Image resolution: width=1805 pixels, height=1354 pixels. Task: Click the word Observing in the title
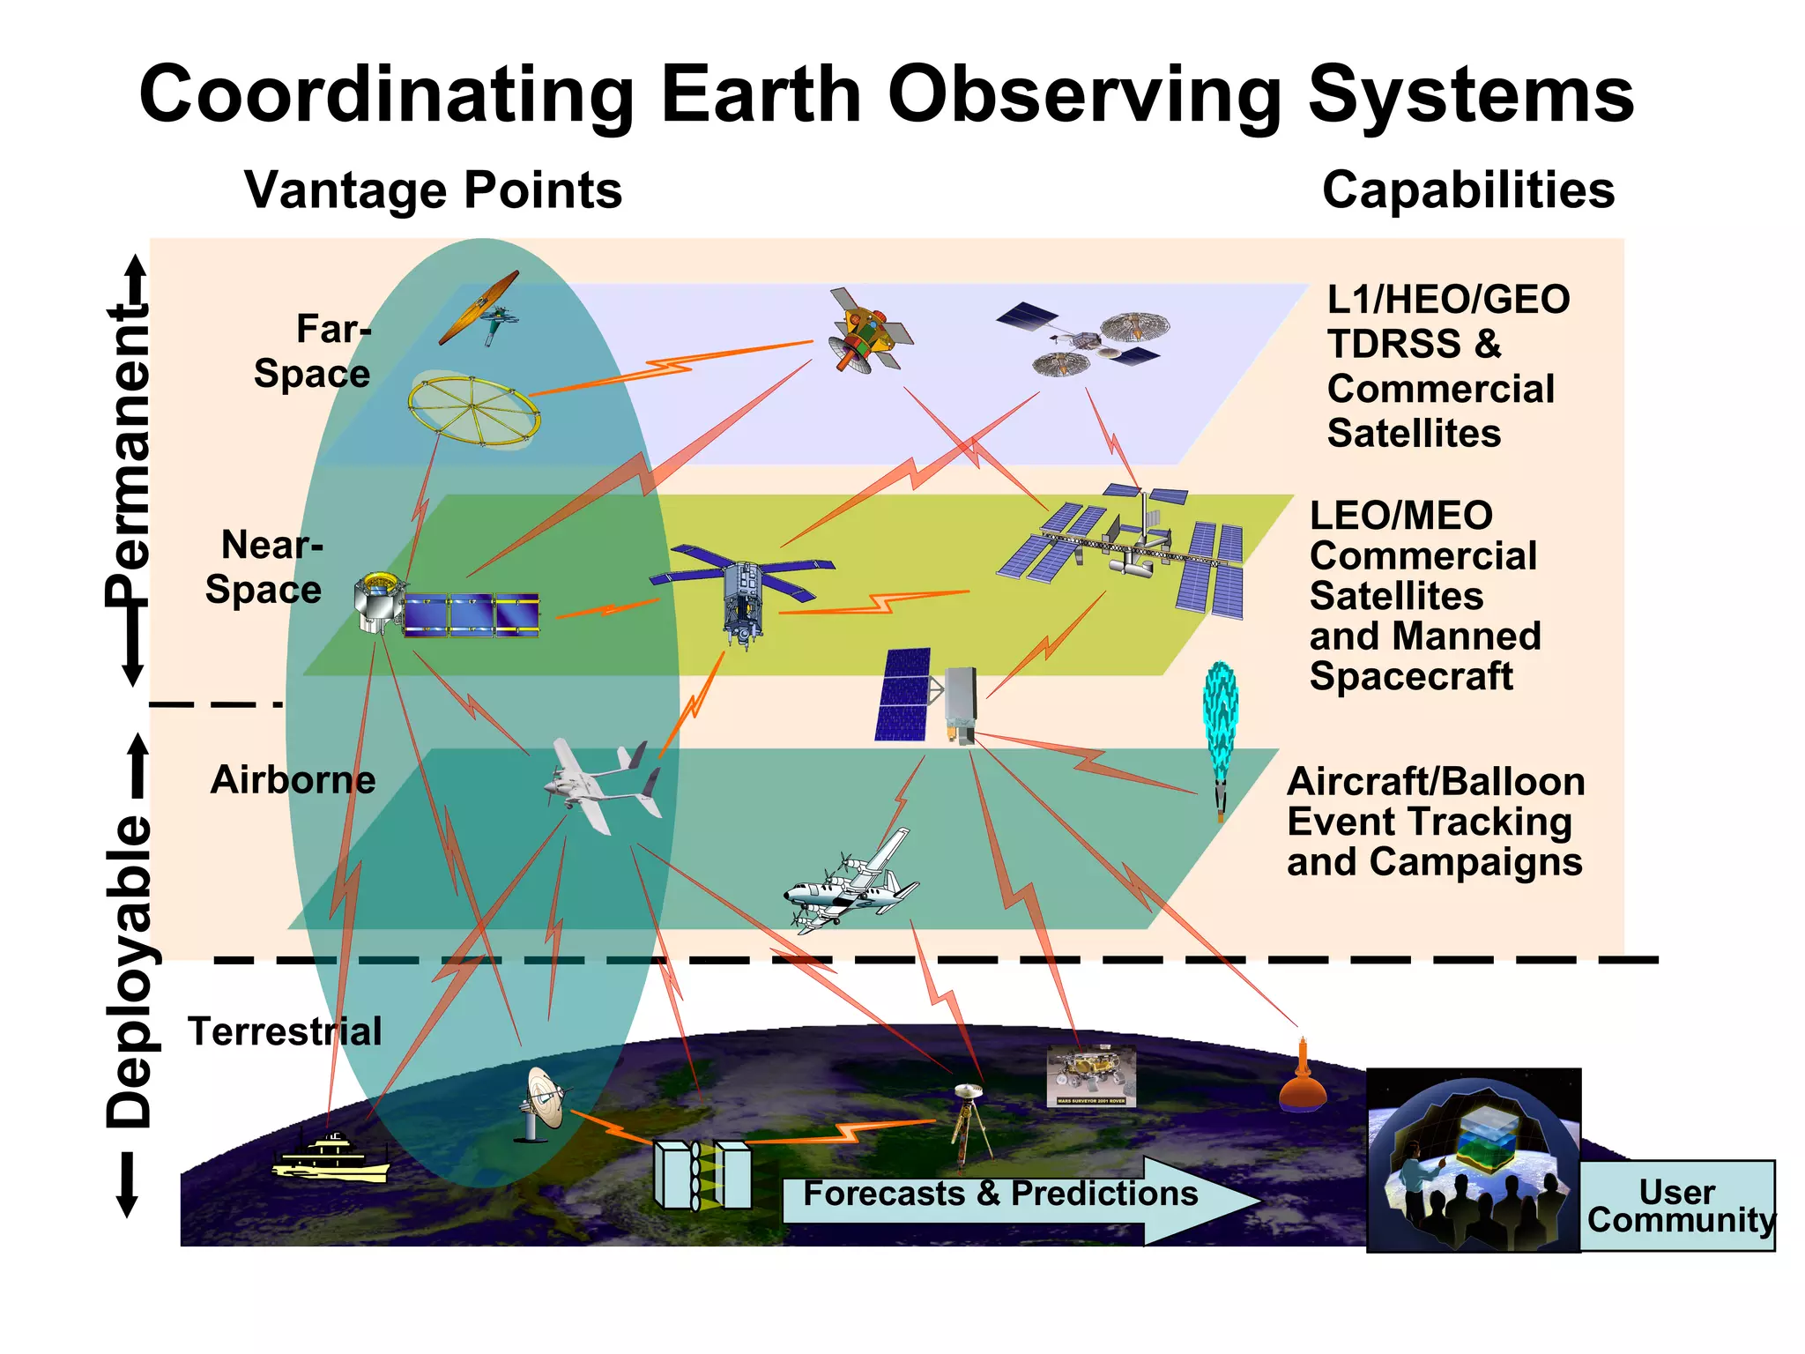pos(1084,95)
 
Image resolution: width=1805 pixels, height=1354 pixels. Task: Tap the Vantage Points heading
pos(433,190)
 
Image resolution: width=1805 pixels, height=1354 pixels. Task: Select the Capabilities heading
pos(1467,190)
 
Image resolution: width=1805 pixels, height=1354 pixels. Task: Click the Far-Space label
pos(313,351)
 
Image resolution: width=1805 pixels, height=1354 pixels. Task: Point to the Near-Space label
pos(264,567)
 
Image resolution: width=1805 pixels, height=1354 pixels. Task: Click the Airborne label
pos(293,780)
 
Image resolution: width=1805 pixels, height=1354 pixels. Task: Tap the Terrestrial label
pos(285,1031)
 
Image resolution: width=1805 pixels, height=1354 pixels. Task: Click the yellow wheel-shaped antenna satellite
pos(474,410)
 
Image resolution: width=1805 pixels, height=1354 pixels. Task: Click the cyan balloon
pos(1221,718)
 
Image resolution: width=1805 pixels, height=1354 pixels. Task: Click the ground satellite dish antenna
pos(542,1102)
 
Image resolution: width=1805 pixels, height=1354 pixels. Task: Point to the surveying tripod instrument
pos(969,1124)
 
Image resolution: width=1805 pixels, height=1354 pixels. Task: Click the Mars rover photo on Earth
pos(1091,1075)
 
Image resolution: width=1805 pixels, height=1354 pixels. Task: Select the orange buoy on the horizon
pos(1303,1080)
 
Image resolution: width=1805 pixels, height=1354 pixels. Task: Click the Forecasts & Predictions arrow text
pos(1000,1194)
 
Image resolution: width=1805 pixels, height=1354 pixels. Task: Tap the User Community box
pos(1677,1205)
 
